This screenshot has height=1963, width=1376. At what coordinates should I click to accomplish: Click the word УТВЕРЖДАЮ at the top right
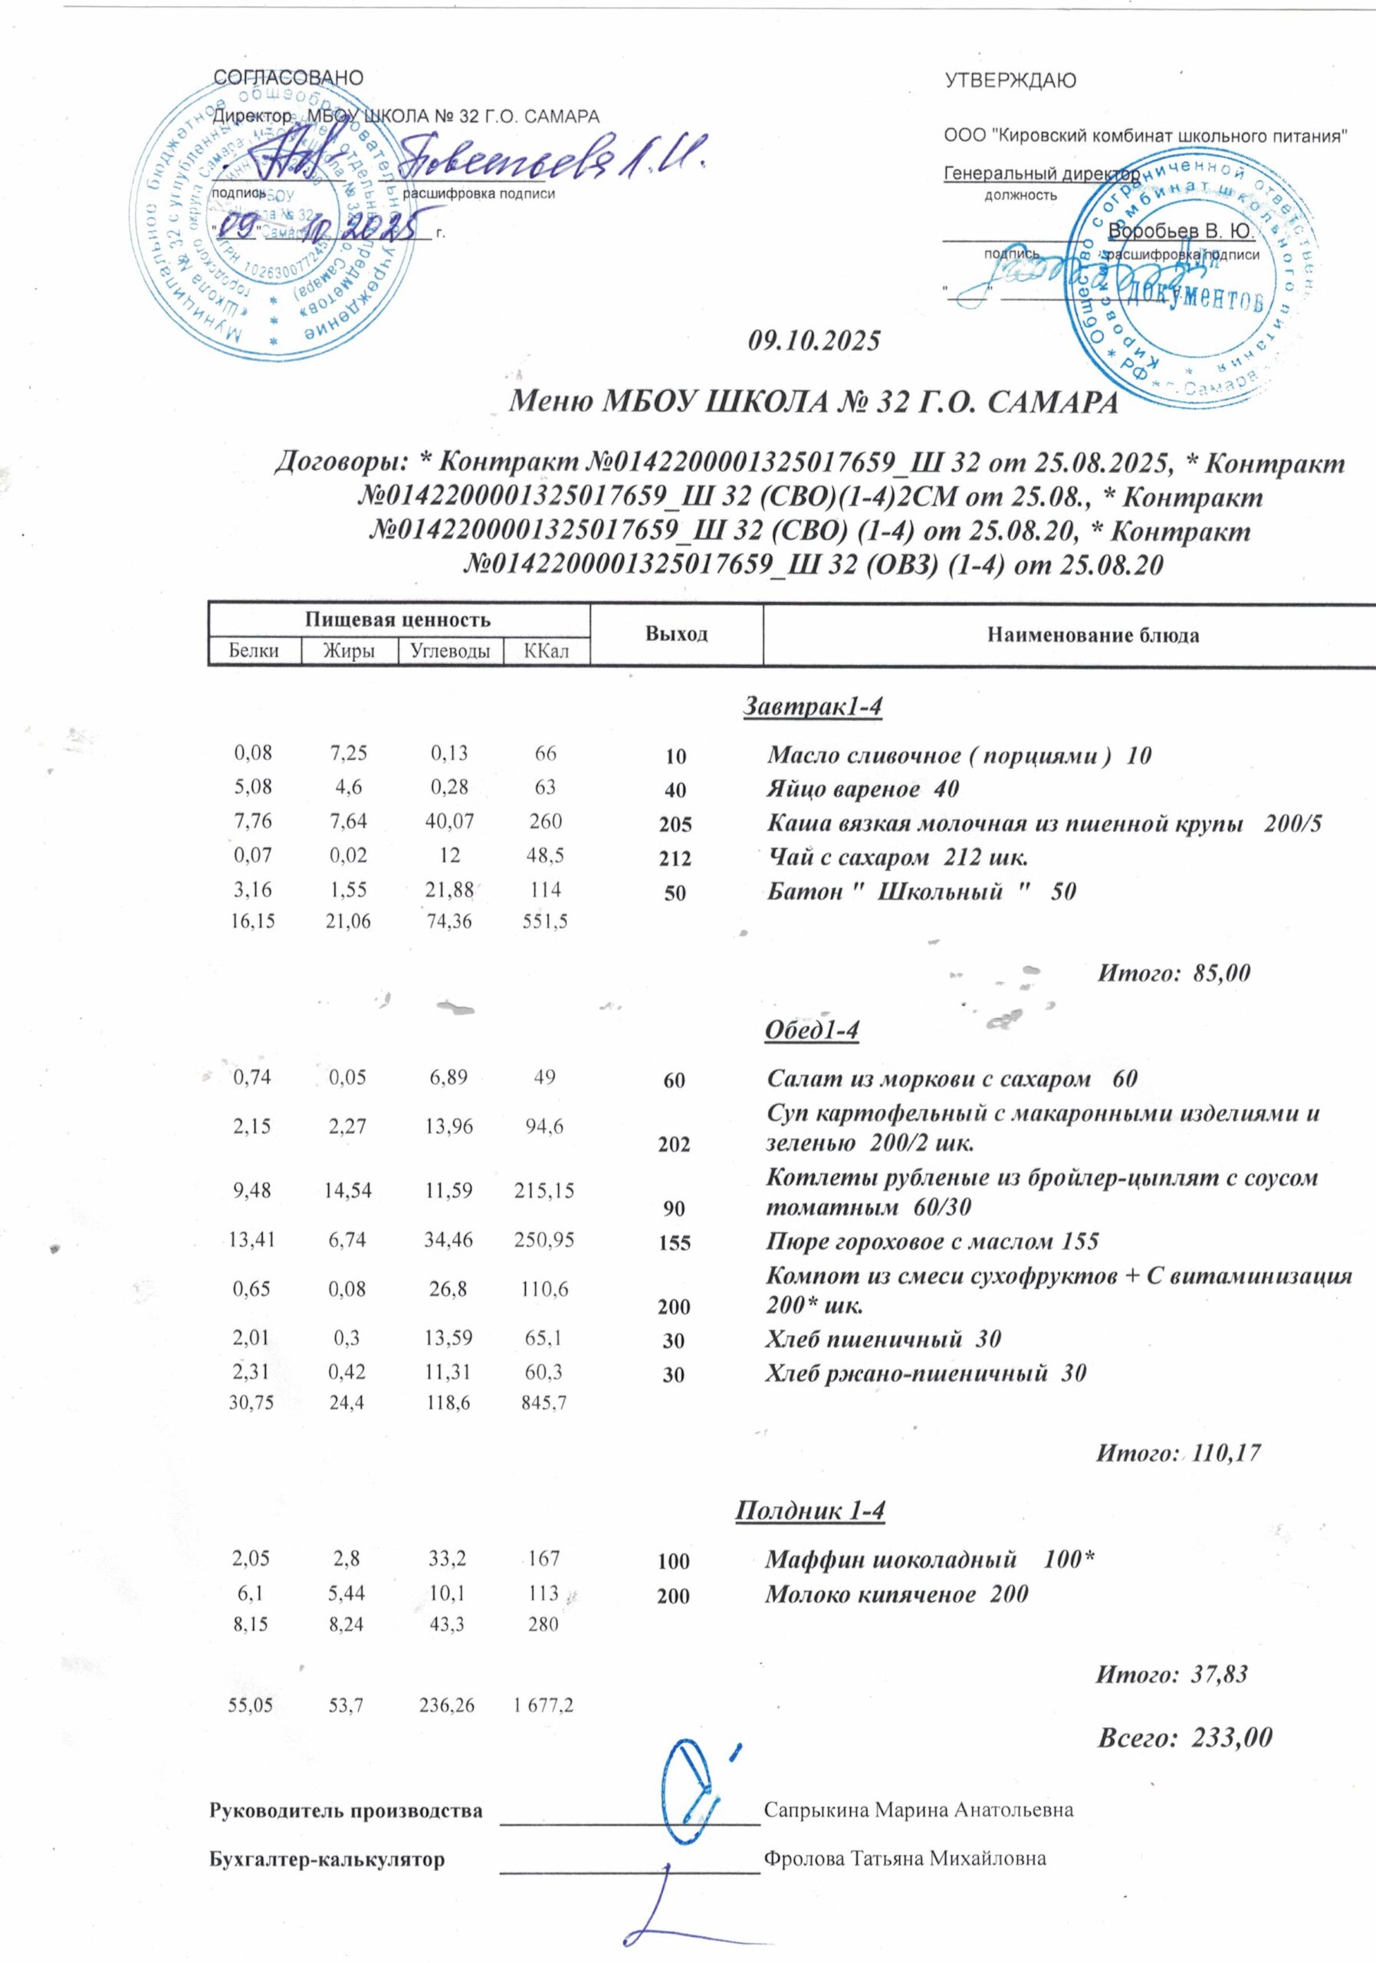[x=1010, y=81]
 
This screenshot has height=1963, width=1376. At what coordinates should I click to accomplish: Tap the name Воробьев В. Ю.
[x=1181, y=231]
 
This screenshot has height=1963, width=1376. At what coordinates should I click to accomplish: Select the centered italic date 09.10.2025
[x=813, y=341]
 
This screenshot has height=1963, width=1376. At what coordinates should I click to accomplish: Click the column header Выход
[x=676, y=634]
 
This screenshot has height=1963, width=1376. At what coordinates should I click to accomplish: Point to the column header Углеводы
[x=451, y=652]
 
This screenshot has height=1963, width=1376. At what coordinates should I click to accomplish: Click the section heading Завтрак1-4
[x=812, y=706]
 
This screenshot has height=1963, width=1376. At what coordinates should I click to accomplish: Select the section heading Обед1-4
[x=812, y=1031]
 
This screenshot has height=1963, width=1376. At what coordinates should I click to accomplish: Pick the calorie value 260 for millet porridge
[x=545, y=821]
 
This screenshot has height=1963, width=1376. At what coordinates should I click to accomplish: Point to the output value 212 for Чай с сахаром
[x=675, y=858]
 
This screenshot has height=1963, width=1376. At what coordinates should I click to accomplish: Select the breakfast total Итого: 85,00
[x=1174, y=973]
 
